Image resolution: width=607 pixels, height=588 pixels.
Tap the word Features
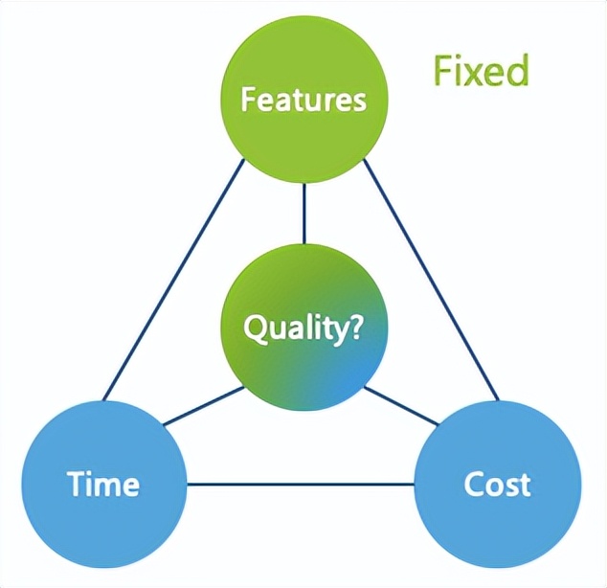click(x=303, y=100)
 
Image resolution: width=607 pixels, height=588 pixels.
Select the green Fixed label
click(x=481, y=70)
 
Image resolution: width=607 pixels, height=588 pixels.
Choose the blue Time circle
click(x=103, y=484)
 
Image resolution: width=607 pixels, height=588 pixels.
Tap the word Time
click(x=103, y=484)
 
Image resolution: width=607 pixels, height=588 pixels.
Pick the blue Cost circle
click(x=497, y=484)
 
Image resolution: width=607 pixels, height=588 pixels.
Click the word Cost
click(x=497, y=484)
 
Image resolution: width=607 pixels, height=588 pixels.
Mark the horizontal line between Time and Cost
click(x=301, y=484)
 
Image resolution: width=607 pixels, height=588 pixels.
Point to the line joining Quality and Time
click(x=201, y=407)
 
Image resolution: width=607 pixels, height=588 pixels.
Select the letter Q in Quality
click(x=256, y=328)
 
